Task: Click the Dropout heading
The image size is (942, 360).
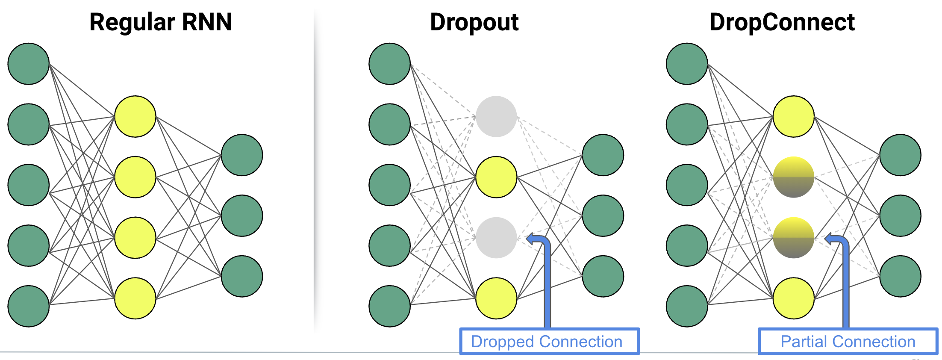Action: tap(474, 22)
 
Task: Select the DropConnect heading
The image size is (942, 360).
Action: tap(782, 22)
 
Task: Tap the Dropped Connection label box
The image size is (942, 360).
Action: tap(549, 341)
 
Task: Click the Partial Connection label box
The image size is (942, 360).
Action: tap(848, 341)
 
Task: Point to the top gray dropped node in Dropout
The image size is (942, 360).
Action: tap(496, 116)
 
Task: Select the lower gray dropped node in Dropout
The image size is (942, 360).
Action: tap(496, 238)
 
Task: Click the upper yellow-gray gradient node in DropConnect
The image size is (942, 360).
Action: tap(794, 177)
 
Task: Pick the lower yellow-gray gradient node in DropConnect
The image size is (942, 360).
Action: tap(794, 238)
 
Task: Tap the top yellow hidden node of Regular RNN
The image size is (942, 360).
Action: tap(135, 116)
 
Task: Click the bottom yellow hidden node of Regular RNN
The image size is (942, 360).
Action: tap(135, 298)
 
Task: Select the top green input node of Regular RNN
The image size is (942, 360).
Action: tap(29, 64)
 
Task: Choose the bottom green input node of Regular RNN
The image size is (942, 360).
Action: tap(29, 307)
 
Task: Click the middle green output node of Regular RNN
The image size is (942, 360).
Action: tap(242, 215)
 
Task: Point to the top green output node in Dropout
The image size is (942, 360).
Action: tap(603, 155)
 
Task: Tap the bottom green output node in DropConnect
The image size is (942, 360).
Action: tap(900, 276)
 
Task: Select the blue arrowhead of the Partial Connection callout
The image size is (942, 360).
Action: tap(829, 239)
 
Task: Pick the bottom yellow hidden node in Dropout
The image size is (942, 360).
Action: tap(496, 298)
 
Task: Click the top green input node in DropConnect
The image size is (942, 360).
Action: tap(687, 64)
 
